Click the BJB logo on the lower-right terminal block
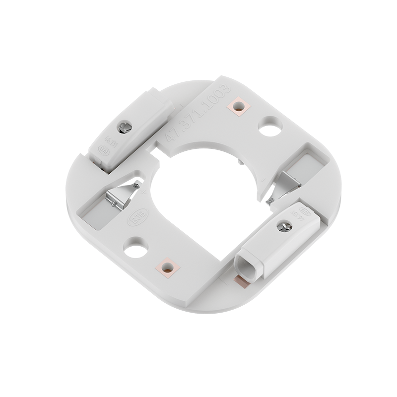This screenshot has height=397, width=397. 306,213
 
